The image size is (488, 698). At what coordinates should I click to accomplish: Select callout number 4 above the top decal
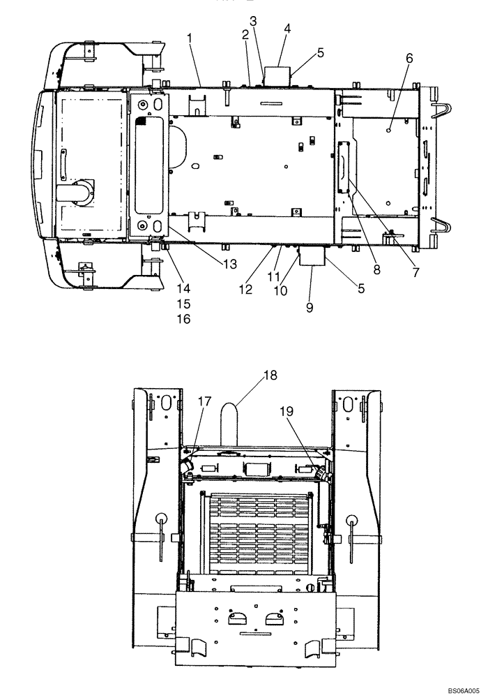pos(287,29)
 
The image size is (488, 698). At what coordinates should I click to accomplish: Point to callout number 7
pos(415,273)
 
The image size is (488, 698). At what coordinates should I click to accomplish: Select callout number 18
pos(270,375)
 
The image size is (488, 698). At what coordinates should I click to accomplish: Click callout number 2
pos(245,34)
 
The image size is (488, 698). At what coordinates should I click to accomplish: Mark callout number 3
pos(254,21)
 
